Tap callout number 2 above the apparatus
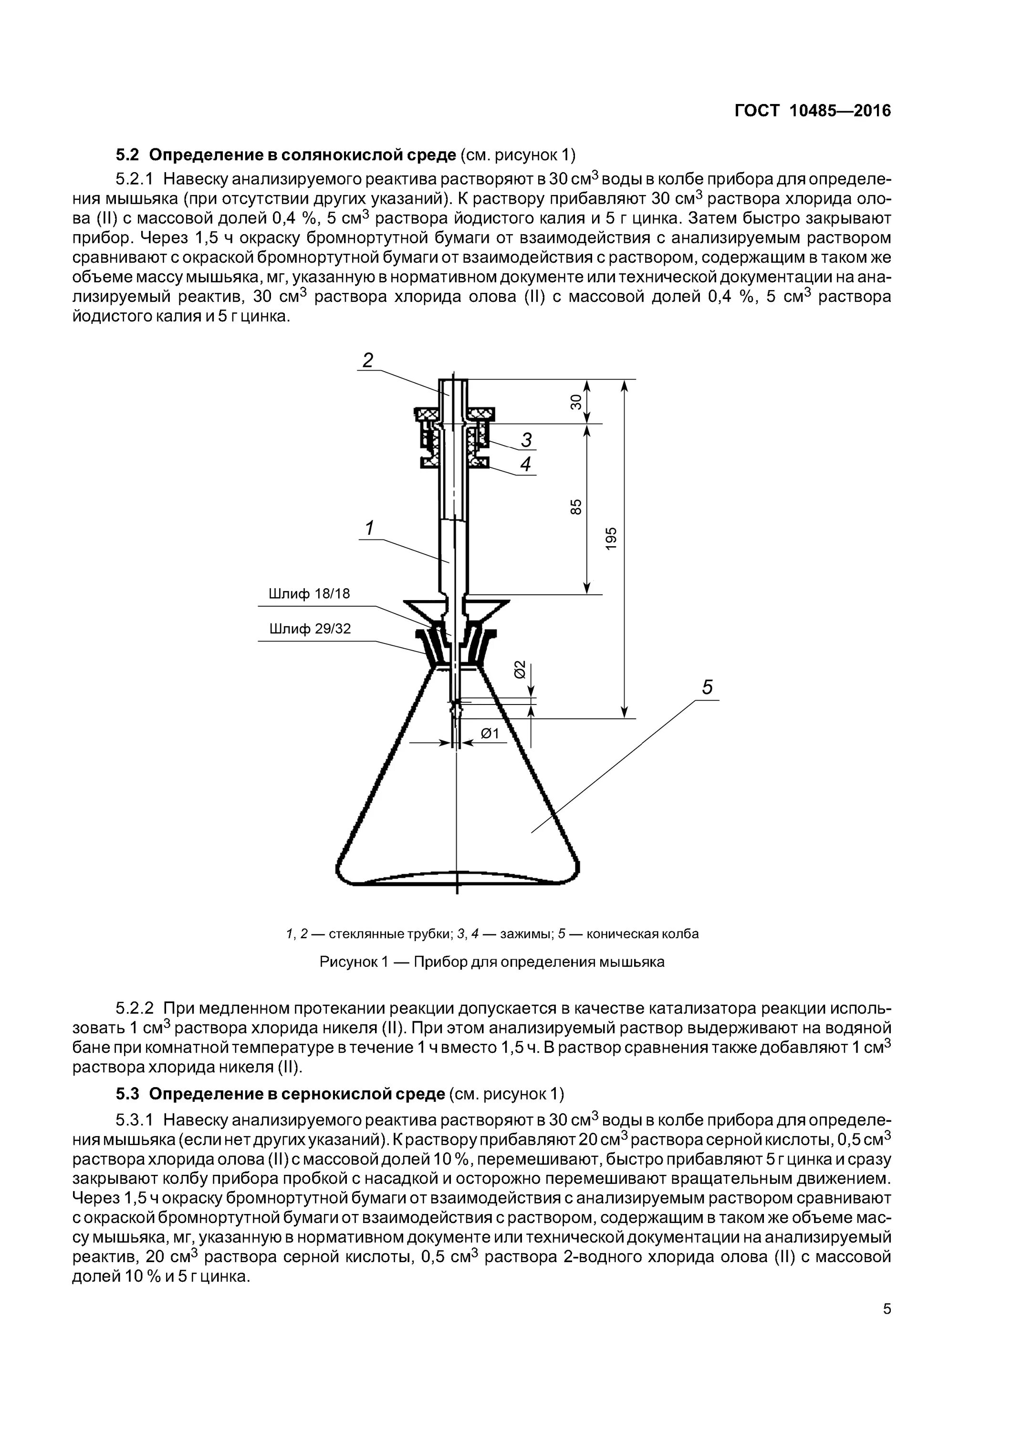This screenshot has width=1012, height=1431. point(368,360)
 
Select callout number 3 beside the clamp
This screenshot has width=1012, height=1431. point(527,440)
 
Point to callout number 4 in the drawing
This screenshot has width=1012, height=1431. point(526,464)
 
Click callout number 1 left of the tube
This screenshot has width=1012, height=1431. point(369,529)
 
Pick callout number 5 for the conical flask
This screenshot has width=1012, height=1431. point(707,687)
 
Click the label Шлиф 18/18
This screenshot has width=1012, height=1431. point(309,594)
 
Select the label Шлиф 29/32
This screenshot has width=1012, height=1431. point(310,629)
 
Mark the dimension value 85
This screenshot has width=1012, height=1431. point(575,507)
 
